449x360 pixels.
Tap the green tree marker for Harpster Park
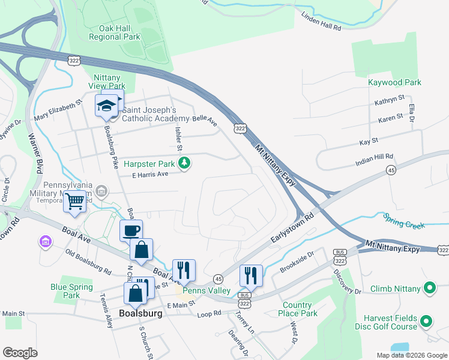coord(186,163)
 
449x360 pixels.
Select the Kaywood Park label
coord(394,82)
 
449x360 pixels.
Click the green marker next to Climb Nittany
coord(429,289)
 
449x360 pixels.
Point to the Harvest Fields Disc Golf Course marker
coord(426,322)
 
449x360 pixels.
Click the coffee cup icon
coord(131,230)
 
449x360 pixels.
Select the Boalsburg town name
coord(141,313)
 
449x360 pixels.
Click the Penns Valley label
coord(206,290)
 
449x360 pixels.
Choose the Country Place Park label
coord(298,309)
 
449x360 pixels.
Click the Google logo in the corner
coord(20,353)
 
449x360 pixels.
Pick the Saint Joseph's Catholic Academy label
coord(149,114)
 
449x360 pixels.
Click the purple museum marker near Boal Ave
coord(45,242)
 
